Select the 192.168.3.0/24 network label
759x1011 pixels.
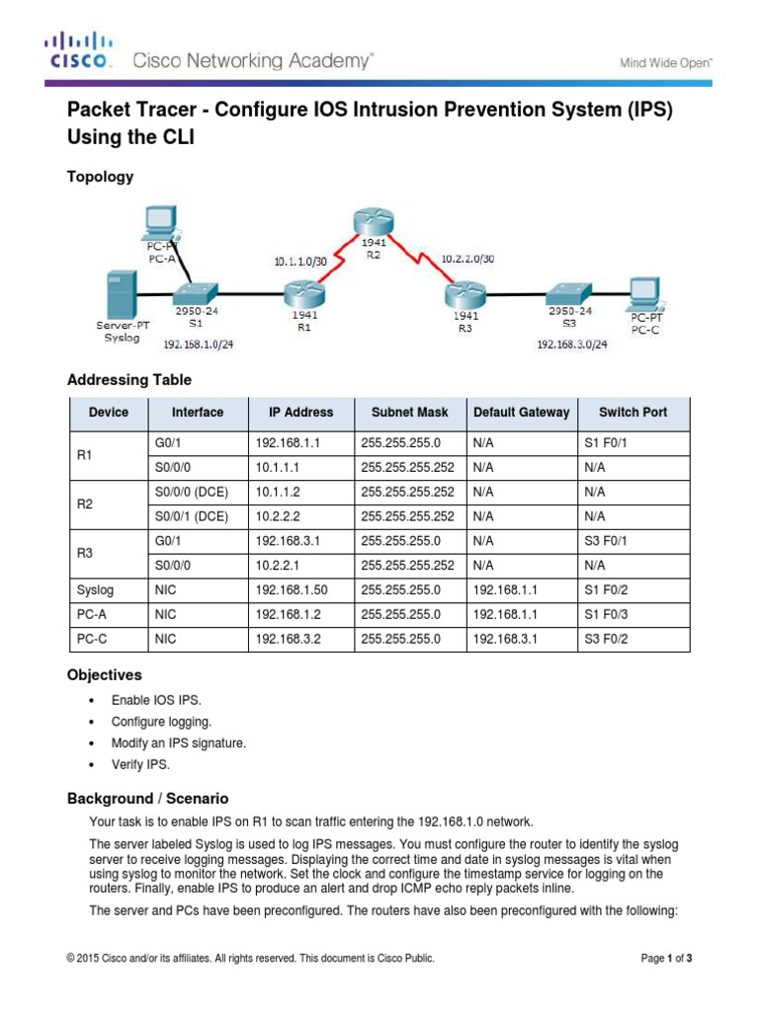[571, 345]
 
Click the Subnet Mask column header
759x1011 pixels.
[409, 413]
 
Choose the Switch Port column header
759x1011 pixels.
[632, 413]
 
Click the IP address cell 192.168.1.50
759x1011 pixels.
[291, 589]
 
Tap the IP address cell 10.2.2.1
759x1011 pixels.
[282, 565]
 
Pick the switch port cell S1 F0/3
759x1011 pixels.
[606, 614]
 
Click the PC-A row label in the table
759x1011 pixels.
[92, 614]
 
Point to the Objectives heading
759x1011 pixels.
[104, 675]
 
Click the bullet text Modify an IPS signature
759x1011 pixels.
[180, 742]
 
